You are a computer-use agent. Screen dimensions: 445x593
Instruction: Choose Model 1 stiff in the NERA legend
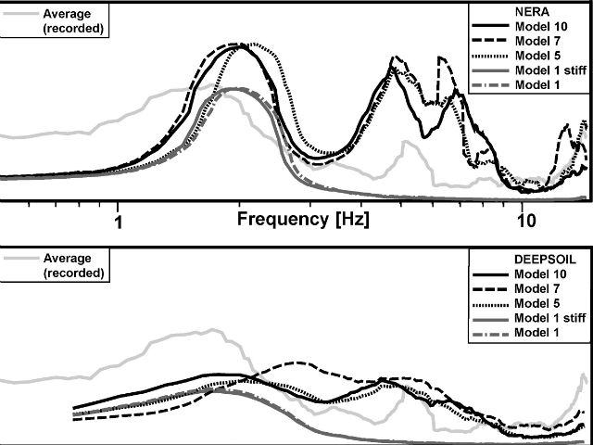[549, 71]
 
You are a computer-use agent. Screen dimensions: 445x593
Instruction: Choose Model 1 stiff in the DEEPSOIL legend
[549, 318]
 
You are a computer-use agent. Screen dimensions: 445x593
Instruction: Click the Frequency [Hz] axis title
[303, 220]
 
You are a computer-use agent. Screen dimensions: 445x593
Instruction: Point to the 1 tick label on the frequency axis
[118, 221]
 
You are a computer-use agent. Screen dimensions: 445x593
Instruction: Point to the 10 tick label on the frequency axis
[525, 221]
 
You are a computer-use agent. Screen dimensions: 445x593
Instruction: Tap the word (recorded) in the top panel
[73, 29]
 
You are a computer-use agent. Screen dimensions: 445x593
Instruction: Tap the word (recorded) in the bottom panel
[73, 273]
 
